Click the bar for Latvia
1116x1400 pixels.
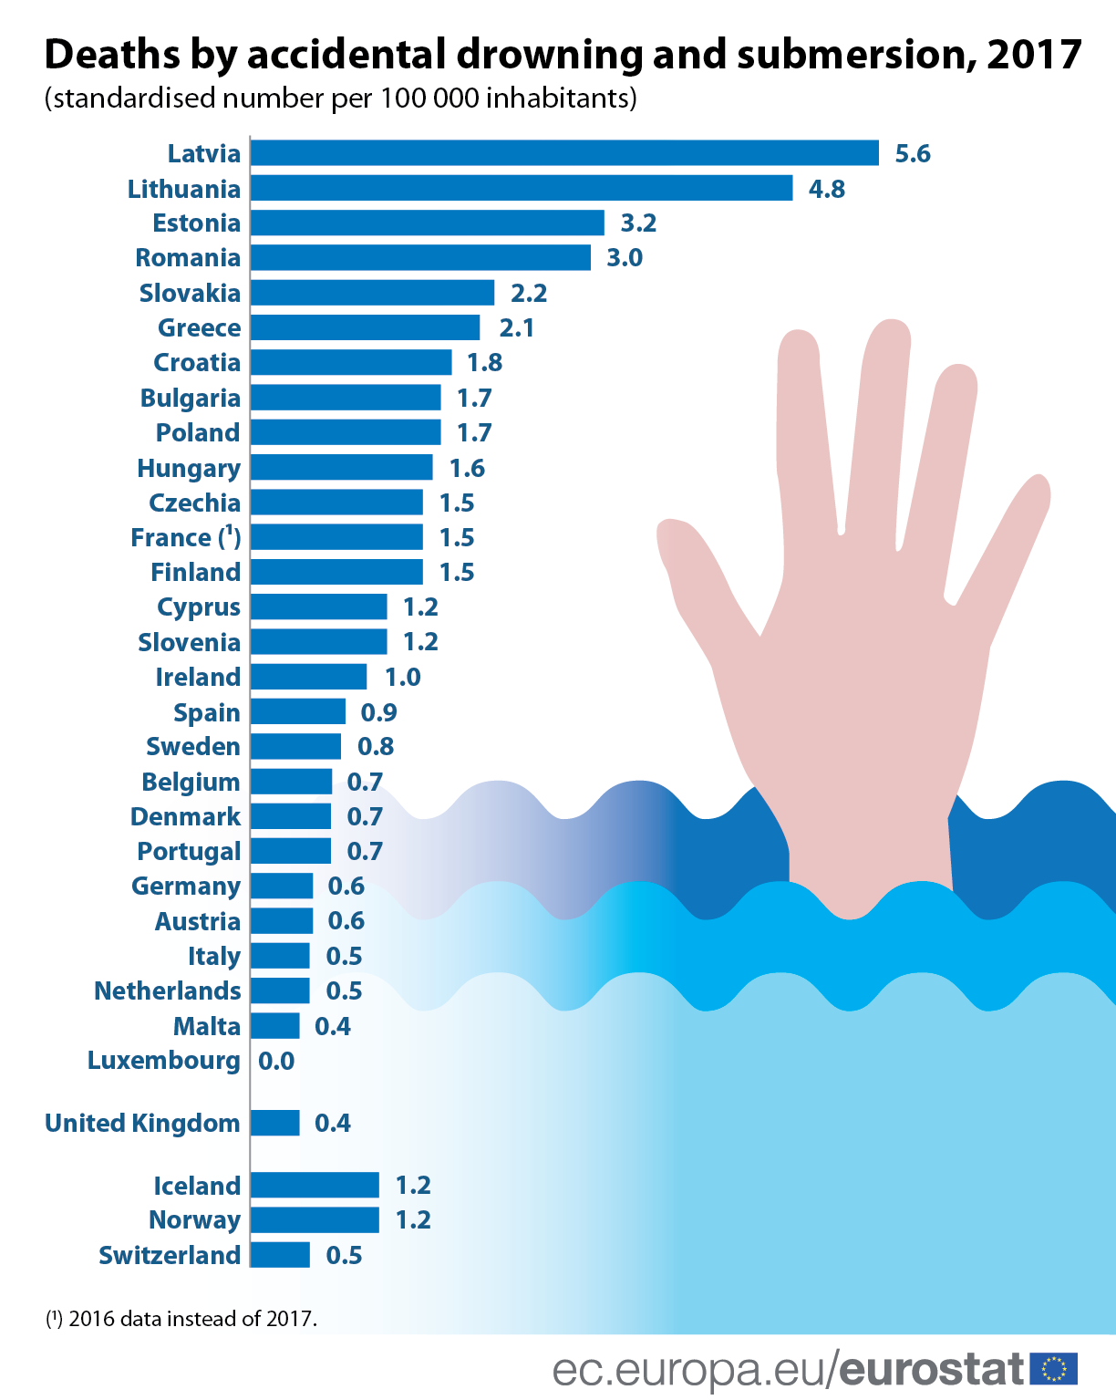(564, 153)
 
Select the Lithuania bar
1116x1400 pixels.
(522, 188)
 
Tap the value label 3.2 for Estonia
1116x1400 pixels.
(638, 223)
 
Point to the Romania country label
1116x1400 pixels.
(188, 258)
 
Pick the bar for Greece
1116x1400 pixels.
(365, 327)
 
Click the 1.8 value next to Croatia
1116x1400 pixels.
(484, 363)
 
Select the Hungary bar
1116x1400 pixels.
(341, 468)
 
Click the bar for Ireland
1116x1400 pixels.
(308, 677)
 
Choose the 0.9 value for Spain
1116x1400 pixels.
(378, 712)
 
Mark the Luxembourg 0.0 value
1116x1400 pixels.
(276, 1061)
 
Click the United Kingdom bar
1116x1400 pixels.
(274, 1123)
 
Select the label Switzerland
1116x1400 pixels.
(170, 1255)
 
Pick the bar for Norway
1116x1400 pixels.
(315, 1220)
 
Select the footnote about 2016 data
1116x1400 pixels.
(181, 1318)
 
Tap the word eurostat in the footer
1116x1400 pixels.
(932, 1369)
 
